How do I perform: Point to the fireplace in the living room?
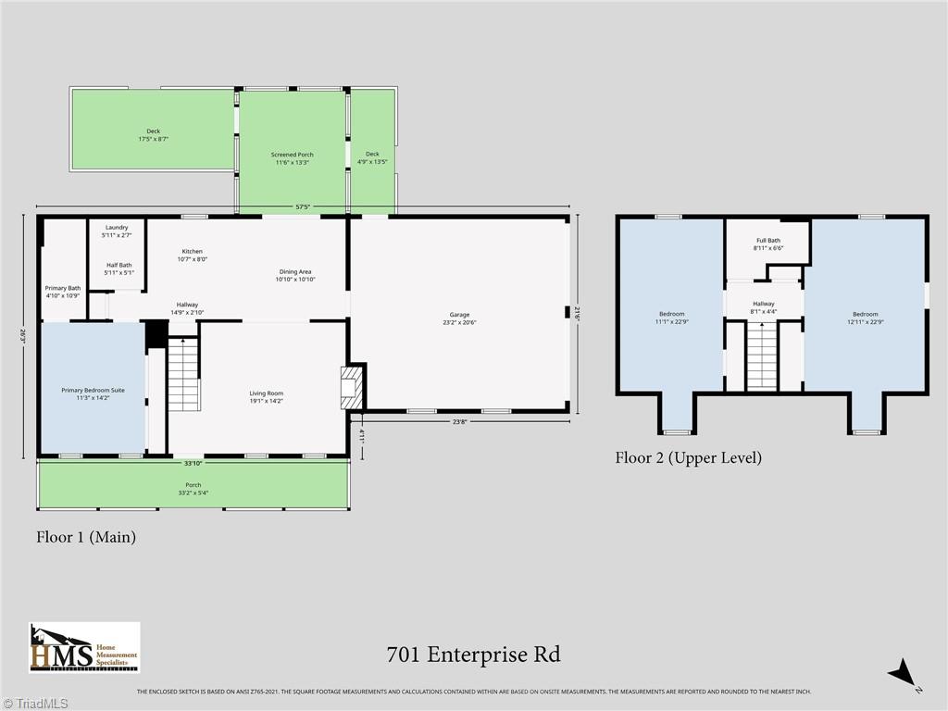tap(353, 386)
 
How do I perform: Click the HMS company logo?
tap(84, 647)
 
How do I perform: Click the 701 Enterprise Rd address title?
tap(473, 655)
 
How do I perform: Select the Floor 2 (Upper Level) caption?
tap(688, 457)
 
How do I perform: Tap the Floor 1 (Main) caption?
tap(86, 536)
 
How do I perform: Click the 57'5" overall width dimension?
tap(303, 207)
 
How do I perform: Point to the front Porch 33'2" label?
tap(193, 489)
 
